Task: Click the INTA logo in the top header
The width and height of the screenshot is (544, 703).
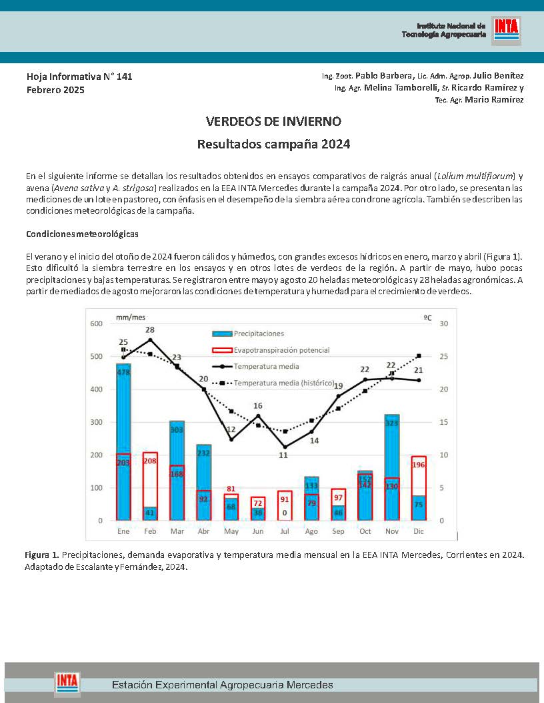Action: click(506, 29)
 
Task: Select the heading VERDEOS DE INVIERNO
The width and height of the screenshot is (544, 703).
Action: click(273, 122)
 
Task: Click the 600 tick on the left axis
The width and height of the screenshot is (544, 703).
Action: click(97, 324)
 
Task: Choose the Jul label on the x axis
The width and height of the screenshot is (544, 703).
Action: click(284, 531)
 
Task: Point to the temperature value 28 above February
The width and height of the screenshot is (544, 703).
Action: click(150, 330)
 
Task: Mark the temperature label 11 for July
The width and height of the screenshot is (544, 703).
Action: click(283, 455)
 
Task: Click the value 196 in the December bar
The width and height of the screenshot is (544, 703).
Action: click(419, 465)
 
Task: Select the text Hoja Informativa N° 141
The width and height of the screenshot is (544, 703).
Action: click(79, 77)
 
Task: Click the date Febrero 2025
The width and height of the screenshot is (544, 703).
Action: click(55, 90)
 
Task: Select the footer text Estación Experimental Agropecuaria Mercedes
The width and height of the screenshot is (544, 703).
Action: click(222, 684)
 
